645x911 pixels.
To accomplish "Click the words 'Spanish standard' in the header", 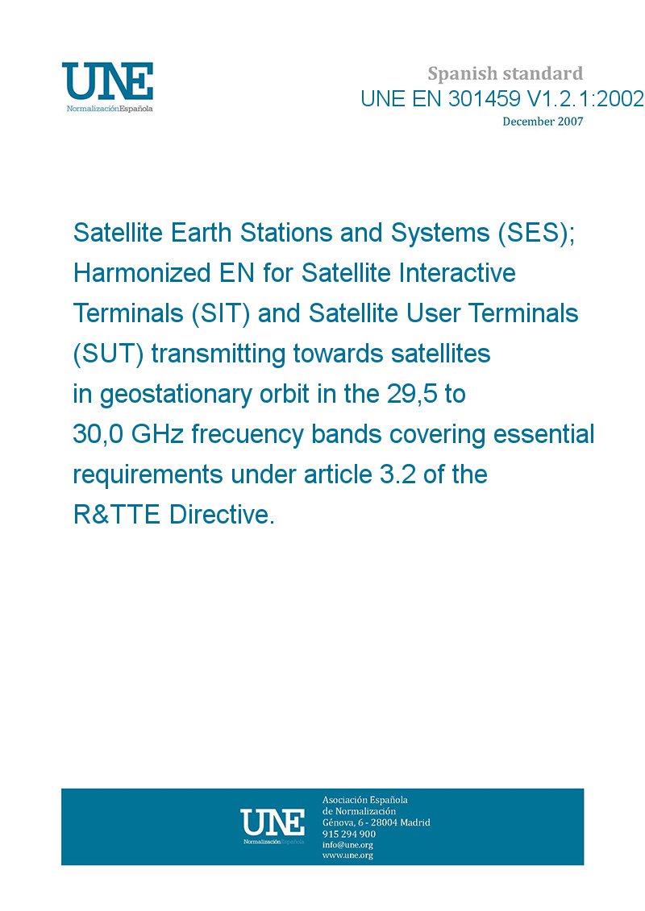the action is click(x=505, y=73).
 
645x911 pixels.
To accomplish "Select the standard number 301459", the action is click(x=484, y=99).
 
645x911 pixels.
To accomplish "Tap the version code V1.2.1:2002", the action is click(x=585, y=99).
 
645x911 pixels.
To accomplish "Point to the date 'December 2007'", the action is click(x=543, y=122).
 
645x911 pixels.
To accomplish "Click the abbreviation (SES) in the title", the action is click(x=535, y=233).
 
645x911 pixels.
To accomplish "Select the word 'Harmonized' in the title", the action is click(x=142, y=273).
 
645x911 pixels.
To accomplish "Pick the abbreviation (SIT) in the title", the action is click(x=220, y=314).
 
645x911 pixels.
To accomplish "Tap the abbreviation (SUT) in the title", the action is click(x=108, y=354).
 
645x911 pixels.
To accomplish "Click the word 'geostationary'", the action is click(x=177, y=395).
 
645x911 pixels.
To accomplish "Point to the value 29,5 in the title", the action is click(x=412, y=395).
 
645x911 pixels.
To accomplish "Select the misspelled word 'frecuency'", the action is click(x=248, y=435).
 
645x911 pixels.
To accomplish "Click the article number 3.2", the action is click(x=397, y=474).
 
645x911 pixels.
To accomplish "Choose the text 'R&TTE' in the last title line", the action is click(x=116, y=515).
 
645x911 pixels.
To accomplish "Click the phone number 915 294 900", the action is click(x=349, y=834).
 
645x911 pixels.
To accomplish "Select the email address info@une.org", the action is click(x=347, y=845).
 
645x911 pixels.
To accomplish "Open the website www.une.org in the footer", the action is click(x=347, y=855).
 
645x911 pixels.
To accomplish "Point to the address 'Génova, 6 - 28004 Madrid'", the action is click(x=377, y=822).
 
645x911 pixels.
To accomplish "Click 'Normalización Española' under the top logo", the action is click(x=110, y=109).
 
